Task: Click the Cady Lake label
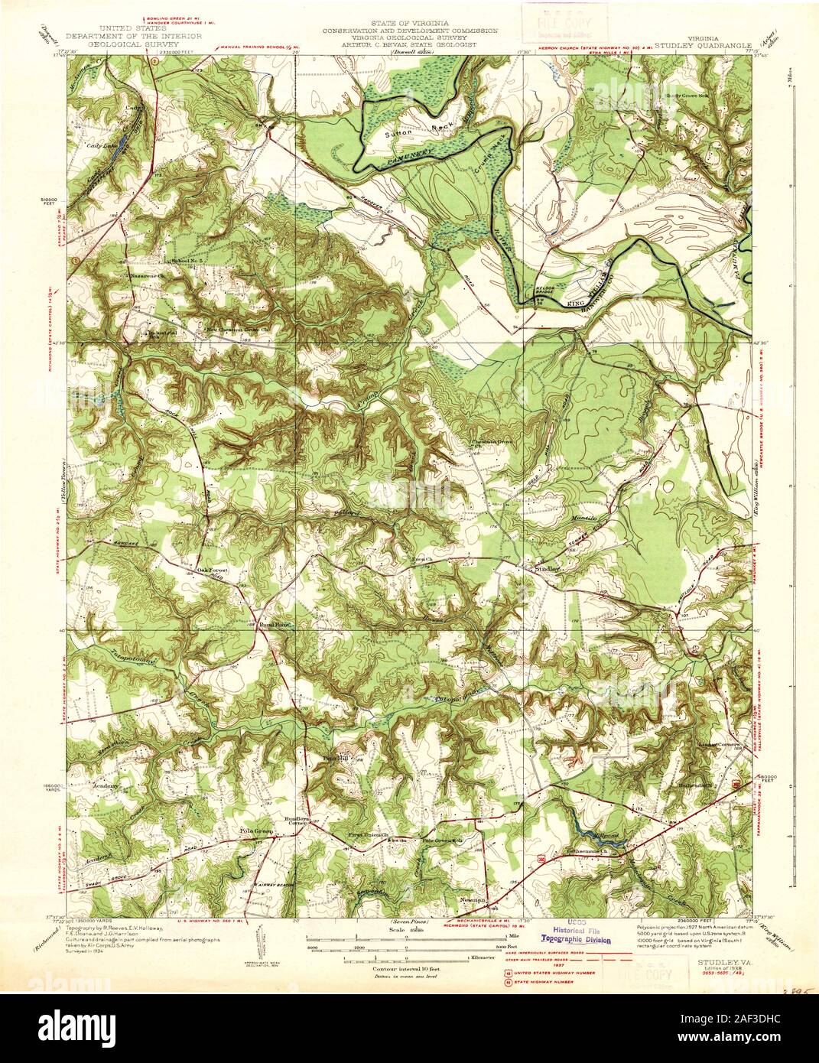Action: (101, 145)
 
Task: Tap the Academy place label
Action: (106, 786)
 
